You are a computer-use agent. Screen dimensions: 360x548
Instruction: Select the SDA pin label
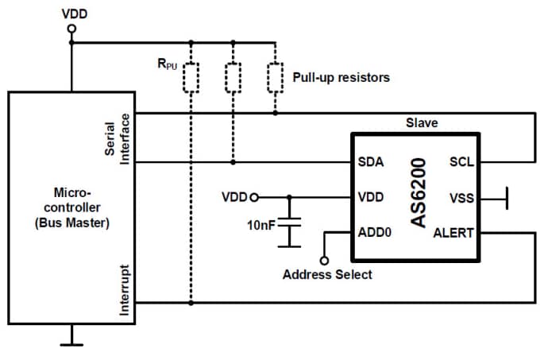point(372,162)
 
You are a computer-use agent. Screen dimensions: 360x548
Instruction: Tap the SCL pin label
point(461,162)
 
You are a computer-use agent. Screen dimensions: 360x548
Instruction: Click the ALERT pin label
point(453,233)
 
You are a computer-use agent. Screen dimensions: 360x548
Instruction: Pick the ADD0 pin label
point(375,233)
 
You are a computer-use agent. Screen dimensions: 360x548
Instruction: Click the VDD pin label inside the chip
point(372,197)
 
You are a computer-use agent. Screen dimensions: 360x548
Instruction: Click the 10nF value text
point(260,225)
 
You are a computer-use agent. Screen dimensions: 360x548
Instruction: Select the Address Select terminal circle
point(323,260)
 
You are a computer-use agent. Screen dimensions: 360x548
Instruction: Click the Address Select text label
point(327,275)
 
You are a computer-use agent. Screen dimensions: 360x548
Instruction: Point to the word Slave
point(422,123)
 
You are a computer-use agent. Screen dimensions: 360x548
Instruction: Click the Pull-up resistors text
point(341,78)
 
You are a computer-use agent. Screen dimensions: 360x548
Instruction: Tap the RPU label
point(167,63)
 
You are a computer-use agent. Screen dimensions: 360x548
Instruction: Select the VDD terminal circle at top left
point(71,29)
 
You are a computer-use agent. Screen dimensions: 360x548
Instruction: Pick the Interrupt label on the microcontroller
point(124,290)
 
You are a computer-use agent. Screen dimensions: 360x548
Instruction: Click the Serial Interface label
point(118,138)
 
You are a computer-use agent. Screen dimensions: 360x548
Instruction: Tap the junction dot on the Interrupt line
point(191,302)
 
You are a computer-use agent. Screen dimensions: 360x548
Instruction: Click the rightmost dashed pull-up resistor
point(275,78)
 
